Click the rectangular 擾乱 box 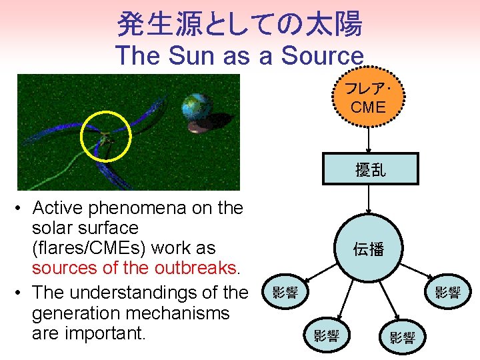click(370, 169)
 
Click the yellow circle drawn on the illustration click(106, 137)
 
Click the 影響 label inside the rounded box click(286, 292)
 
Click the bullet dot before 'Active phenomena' click(21, 209)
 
